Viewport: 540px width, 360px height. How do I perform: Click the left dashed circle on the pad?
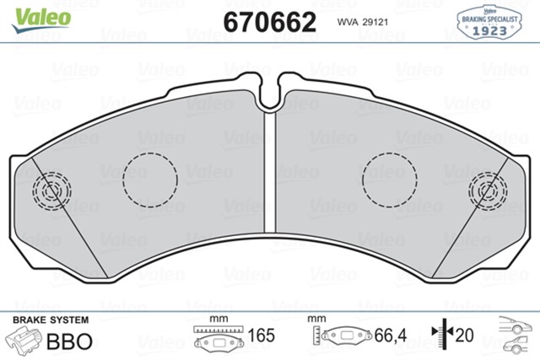(x=150, y=180)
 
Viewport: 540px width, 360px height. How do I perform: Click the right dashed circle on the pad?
(x=389, y=180)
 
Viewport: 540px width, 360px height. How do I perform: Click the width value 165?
(x=261, y=335)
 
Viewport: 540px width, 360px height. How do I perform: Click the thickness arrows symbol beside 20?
(x=439, y=335)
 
